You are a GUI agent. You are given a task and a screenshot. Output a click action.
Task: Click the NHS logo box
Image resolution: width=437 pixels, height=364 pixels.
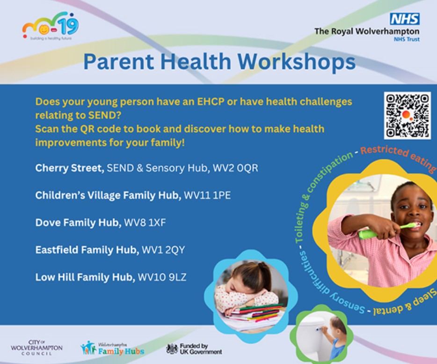405,19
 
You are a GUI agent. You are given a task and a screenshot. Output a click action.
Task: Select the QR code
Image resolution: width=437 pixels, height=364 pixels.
407,115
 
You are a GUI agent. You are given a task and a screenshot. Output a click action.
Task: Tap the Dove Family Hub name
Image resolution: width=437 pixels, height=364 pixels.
78,223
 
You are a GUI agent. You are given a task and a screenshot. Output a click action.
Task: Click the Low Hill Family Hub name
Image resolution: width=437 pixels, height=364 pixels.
85,277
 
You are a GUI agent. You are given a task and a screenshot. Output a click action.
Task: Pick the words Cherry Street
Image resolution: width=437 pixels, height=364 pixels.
69,168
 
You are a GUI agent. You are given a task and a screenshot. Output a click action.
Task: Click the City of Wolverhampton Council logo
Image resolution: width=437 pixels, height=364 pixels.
36,348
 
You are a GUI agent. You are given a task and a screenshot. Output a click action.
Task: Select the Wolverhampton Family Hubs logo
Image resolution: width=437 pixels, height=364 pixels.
112,348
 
